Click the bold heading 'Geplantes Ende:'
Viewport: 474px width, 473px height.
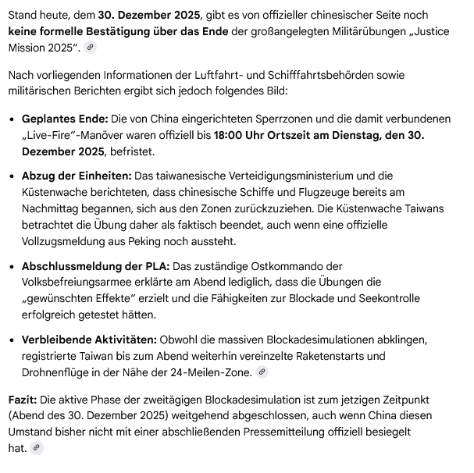(65, 119)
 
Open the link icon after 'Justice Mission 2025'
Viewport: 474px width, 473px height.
(91, 48)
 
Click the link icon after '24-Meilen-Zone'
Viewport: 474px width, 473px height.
(262, 372)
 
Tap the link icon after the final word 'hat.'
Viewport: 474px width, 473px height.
(37, 448)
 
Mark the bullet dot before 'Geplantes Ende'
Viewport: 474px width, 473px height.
(12, 119)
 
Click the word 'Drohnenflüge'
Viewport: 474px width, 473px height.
(58, 372)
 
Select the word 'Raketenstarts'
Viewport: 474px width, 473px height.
(323, 356)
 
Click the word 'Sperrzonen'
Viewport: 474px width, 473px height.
(269, 119)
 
